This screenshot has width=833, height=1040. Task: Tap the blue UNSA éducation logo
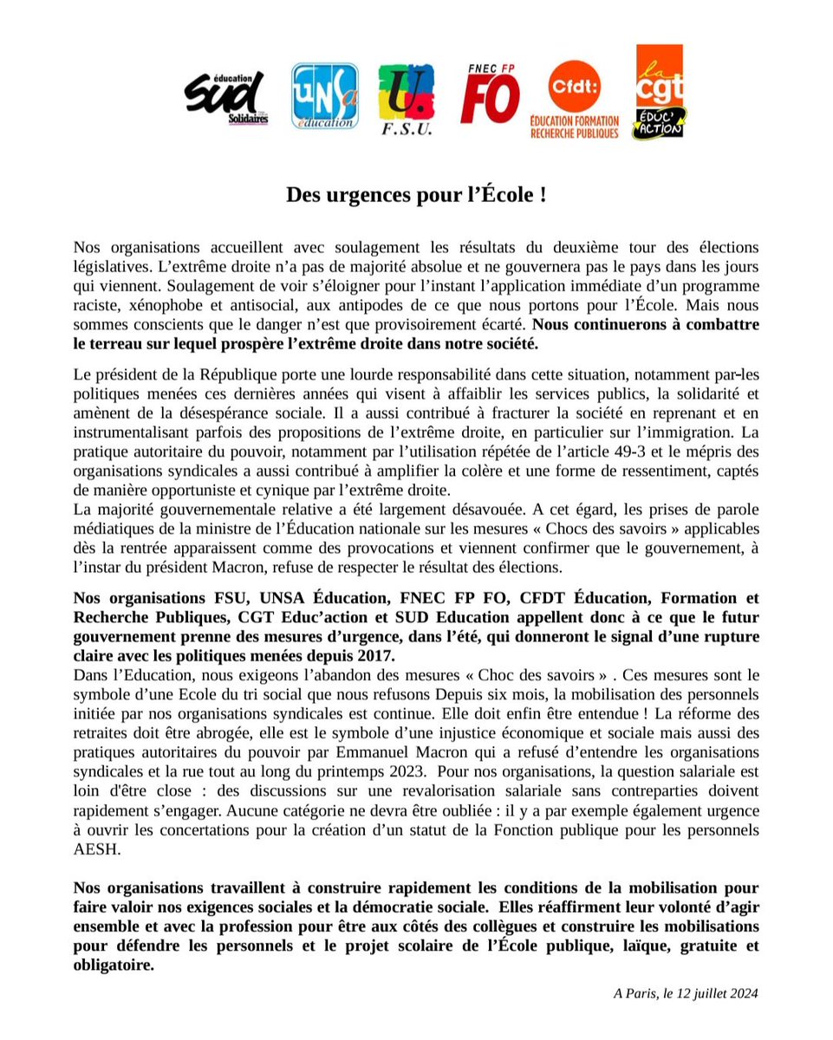(x=324, y=96)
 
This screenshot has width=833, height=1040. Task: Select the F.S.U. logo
(x=406, y=100)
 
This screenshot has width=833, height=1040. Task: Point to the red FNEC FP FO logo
(x=490, y=94)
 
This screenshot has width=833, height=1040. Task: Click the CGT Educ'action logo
(x=659, y=93)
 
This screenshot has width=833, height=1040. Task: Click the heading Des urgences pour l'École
(x=416, y=195)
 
